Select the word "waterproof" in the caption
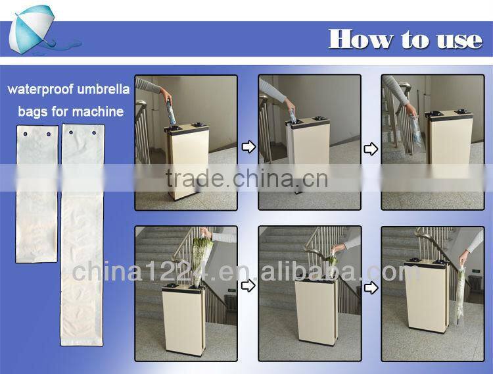click(x=40, y=89)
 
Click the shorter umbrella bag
click(x=37, y=194)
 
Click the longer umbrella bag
click(x=82, y=234)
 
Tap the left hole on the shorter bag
click(x=25, y=134)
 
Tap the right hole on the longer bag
click(x=94, y=132)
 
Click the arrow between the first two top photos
click(x=248, y=147)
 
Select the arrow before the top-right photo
click(x=371, y=149)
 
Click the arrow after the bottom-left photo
click(x=248, y=286)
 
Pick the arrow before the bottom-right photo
click(x=371, y=288)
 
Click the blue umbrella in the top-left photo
click(x=172, y=113)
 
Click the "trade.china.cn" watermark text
click(x=246, y=178)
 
